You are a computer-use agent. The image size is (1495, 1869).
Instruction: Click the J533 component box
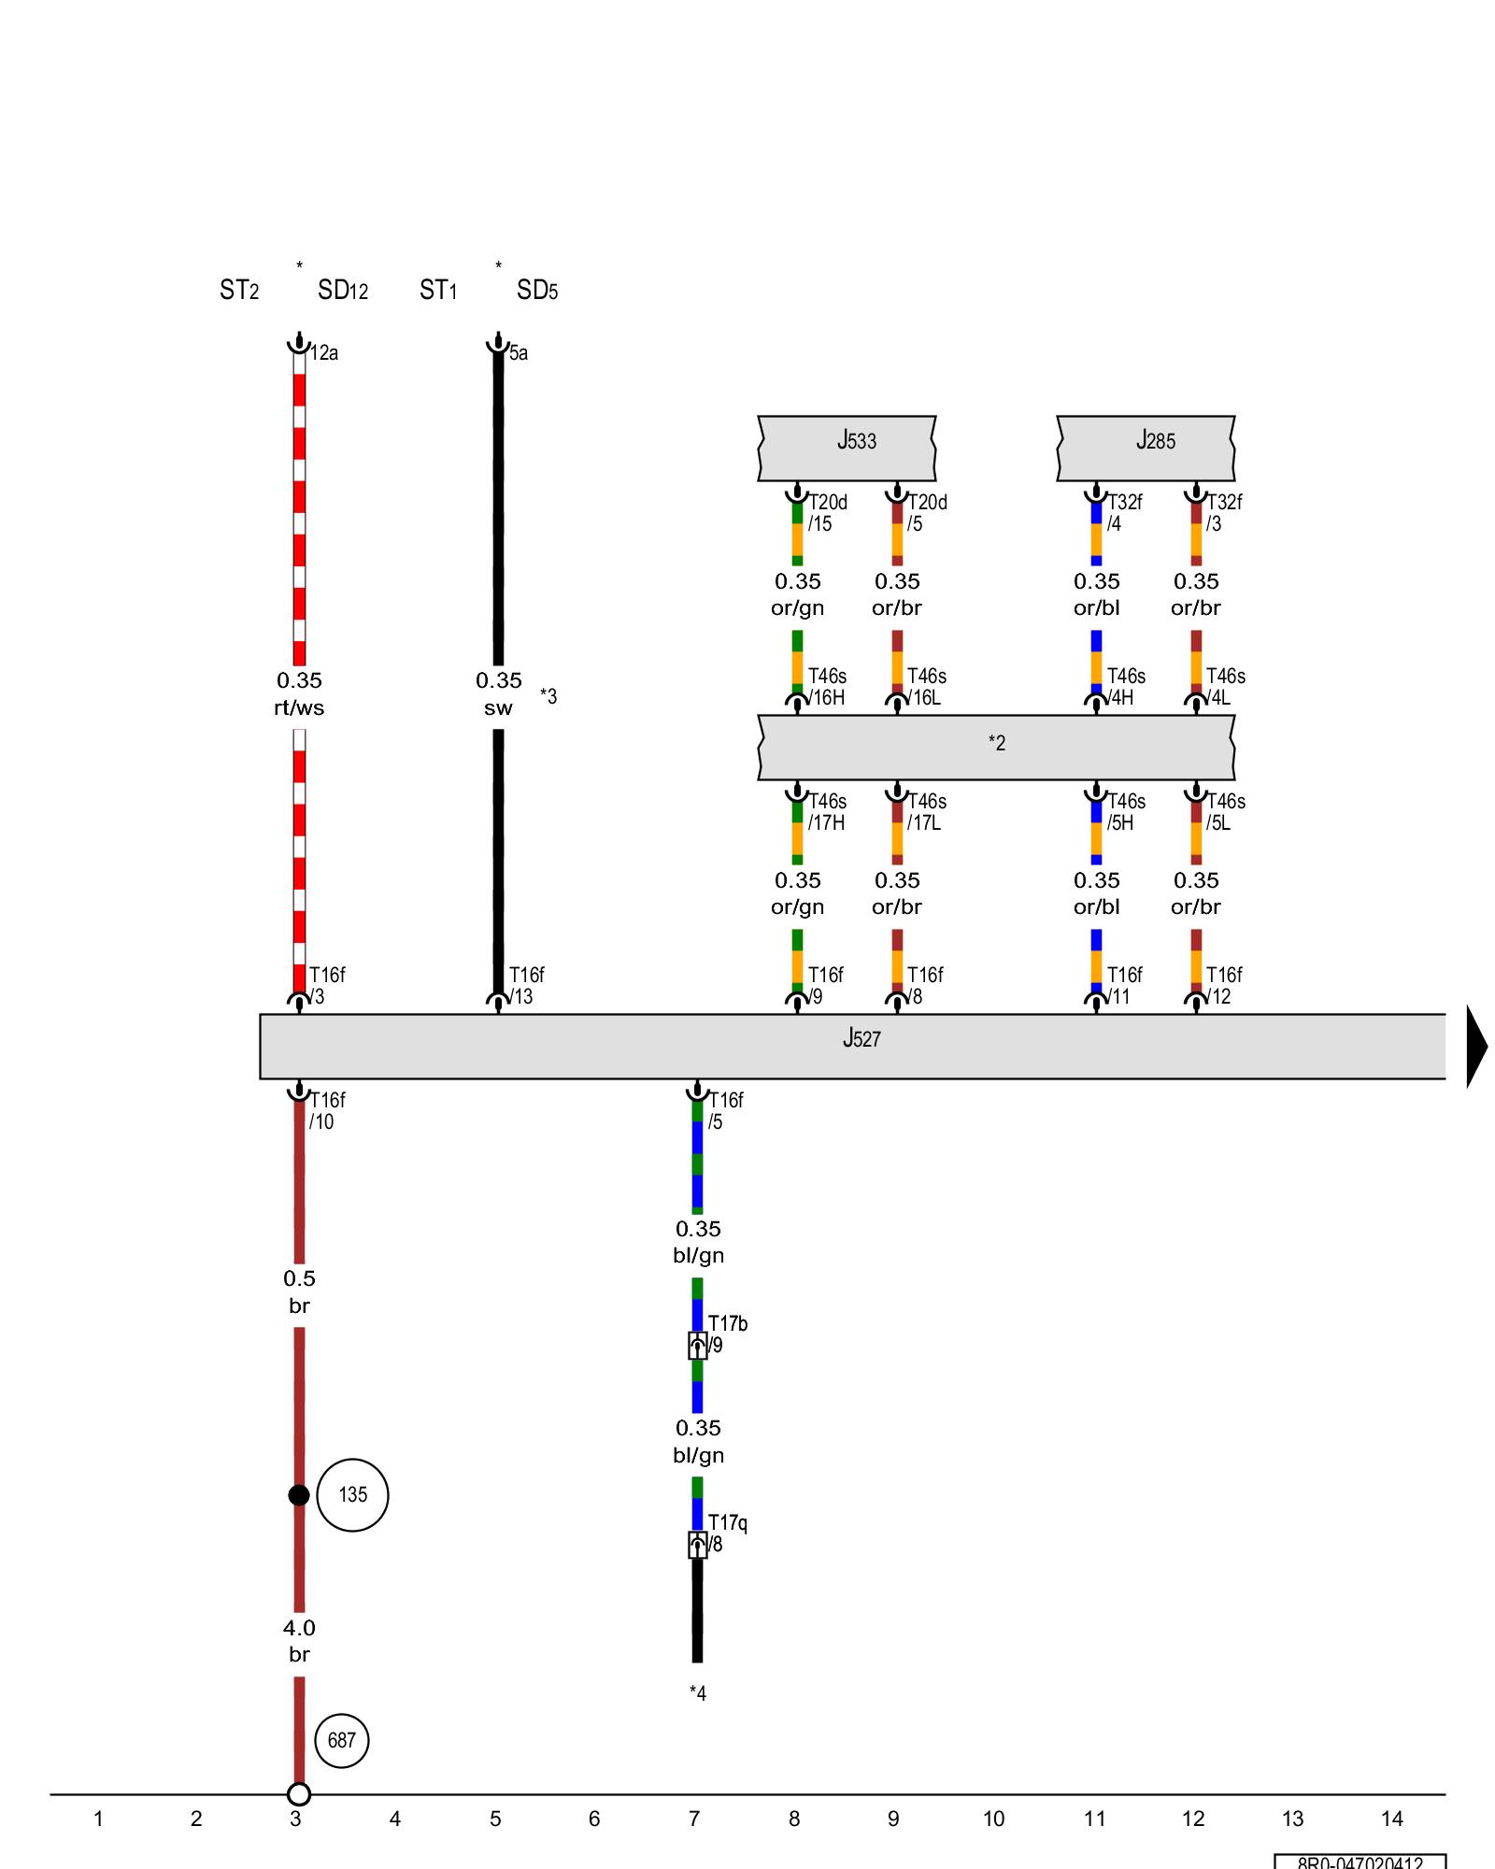tap(847, 448)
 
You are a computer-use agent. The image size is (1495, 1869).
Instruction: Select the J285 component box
tap(1146, 448)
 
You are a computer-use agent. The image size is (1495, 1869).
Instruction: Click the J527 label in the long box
tap(861, 1038)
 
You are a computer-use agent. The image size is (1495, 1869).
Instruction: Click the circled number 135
tap(352, 1494)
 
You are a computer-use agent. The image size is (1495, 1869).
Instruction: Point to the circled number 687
tap(341, 1740)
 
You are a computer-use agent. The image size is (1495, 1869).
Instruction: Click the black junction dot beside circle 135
tap(298, 1495)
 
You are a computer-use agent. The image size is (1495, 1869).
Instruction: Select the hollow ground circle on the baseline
tap(298, 1793)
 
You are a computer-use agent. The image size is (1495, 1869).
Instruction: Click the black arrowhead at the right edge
tap(1476, 1046)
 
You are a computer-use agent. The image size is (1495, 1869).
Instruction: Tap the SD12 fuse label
tap(343, 291)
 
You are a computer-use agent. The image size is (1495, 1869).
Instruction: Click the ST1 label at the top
tap(438, 291)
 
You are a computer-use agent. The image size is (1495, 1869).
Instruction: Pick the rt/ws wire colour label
tap(299, 707)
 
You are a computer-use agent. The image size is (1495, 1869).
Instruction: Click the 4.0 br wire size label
tap(299, 1641)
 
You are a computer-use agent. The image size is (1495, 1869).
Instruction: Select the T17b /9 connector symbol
tap(698, 1346)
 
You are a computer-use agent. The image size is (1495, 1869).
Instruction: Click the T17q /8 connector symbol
tap(698, 1545)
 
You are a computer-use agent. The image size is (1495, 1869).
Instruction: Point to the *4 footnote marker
tap(698, 1692)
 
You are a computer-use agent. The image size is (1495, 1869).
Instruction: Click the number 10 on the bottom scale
tap(993, 1819)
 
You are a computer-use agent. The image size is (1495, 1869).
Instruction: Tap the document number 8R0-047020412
tap(1360, 1862)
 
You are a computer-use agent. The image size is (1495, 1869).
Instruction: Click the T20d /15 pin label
tap(827, 513)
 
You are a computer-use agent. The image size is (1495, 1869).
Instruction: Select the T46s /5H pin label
tap(1125, 812)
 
